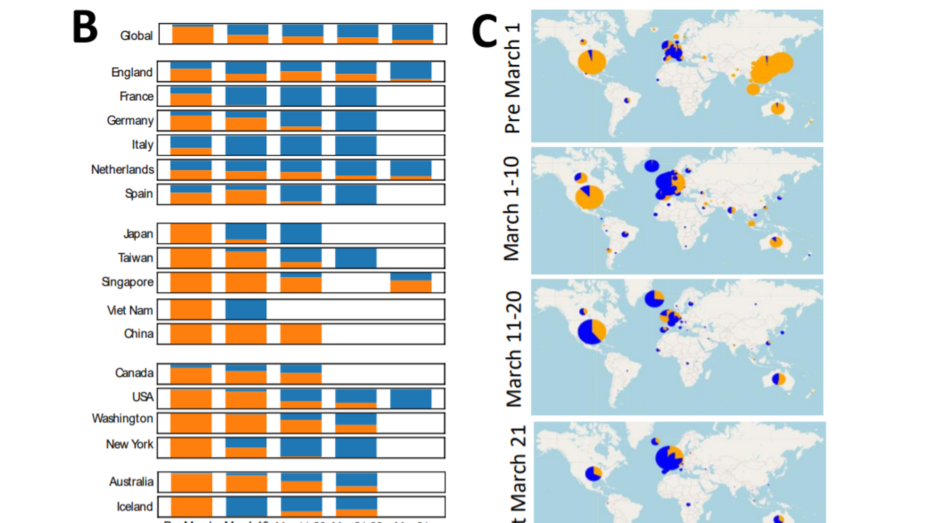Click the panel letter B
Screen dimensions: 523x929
point(85,27)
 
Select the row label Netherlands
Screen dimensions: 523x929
point(122,170)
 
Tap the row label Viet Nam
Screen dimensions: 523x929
point(130,311)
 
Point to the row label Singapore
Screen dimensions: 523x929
point(127,282)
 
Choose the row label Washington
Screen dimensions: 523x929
point(122,419)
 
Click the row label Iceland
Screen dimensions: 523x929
point(135,507)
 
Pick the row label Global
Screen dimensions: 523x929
point(136,36)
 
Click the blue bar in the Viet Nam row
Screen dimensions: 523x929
point(246,310)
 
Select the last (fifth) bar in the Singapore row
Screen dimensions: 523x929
point(411,282)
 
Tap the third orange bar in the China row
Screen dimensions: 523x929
point(301,334)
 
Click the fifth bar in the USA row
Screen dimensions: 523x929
point(411,399)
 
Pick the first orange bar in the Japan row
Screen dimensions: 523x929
point(191,233)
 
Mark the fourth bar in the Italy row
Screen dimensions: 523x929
point(356,145)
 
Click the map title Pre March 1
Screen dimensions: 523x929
point(513,78)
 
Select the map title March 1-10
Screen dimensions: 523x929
point(512,209)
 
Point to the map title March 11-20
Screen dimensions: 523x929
point(513,349)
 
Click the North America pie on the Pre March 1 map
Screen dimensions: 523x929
point(592,62)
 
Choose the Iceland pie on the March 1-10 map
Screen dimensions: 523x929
point(652,166)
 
